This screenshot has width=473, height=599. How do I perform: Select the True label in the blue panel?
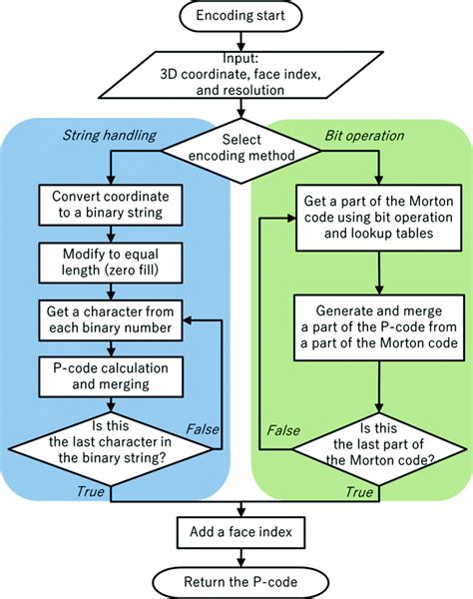pos(90,491)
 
